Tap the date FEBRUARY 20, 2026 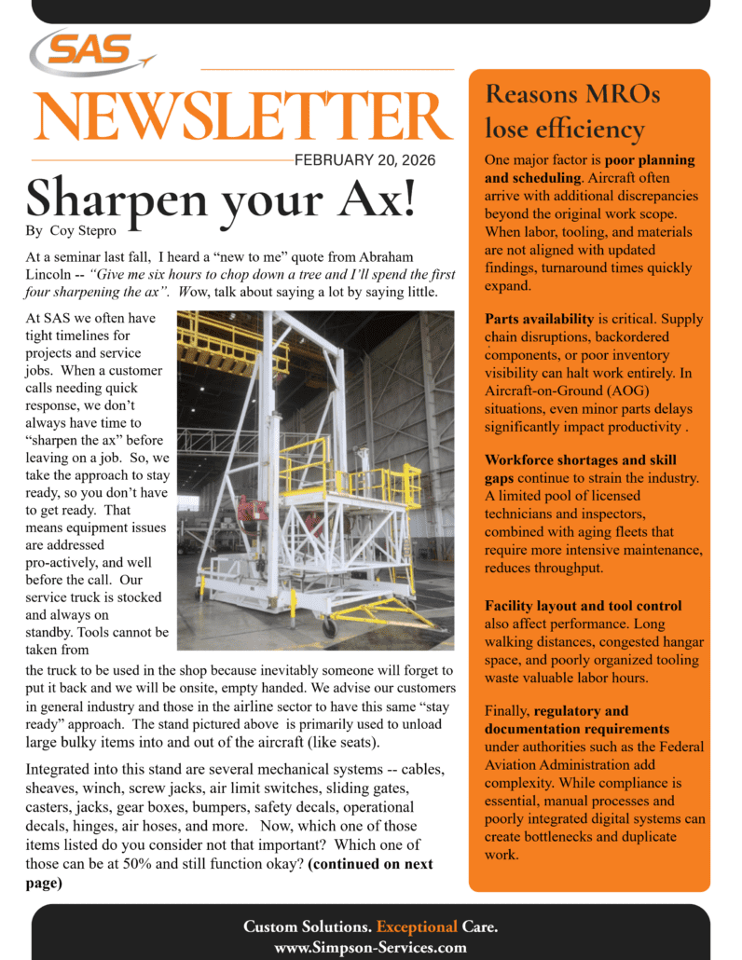tap(364, 159)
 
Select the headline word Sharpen tap(124, 197)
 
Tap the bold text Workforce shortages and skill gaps tap(580, 469)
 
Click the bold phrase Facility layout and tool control tap(583, 606)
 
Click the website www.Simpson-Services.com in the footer tap(370, 947)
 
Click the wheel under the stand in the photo tap(329, 626)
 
